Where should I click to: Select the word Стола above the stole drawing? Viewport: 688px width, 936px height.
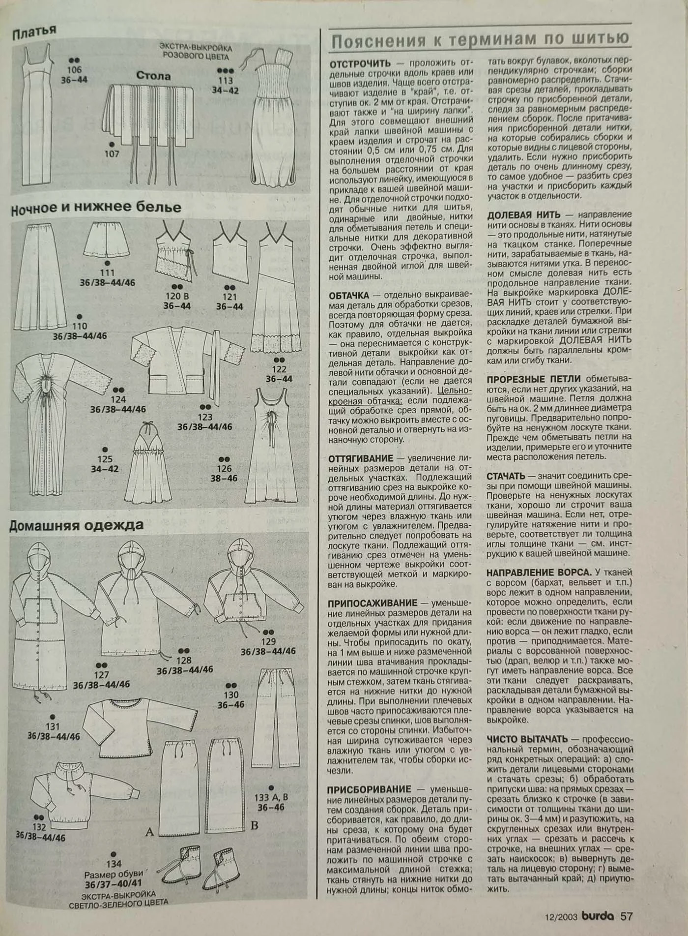tap(153, 76)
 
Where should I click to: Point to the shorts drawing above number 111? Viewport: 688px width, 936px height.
tap(107, 240)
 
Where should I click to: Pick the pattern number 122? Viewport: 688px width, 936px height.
tap(279, 369)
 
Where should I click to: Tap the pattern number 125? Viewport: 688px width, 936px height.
tap(105, 459)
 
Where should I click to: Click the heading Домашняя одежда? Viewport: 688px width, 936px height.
tap(77, 525)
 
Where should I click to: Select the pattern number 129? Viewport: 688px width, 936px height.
tap(268, 641)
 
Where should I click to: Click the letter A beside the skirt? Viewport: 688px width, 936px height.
tap(150, 832)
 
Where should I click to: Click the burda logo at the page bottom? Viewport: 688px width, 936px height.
tap(598, 916)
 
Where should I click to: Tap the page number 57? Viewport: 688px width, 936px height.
tap(626, 916)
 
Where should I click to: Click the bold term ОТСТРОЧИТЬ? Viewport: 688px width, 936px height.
tap(360, 64)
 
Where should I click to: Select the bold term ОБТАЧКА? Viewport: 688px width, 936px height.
tap(349, 296)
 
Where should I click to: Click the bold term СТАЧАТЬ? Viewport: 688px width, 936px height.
tap(506, 476)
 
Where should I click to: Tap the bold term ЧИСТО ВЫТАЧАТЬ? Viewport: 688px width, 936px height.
tap(527, 739)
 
